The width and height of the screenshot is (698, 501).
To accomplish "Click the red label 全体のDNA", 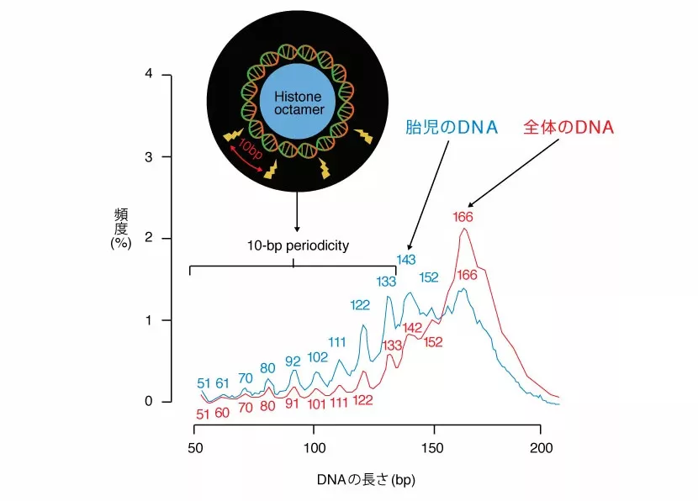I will click(568, 128).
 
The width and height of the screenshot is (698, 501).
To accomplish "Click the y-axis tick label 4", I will click(148, 75).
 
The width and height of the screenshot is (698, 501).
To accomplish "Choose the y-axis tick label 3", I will click(148, 157).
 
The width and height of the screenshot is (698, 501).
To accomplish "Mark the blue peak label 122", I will click(360, 304).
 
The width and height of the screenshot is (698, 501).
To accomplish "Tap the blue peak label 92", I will click(292, 361).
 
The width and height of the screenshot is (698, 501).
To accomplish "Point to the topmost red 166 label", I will click(463, 216).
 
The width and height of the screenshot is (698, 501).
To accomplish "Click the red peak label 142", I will click(413, 327).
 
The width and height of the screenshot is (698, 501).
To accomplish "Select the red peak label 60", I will click(223, 413).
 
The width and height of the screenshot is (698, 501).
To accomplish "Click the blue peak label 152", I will click(429, 277).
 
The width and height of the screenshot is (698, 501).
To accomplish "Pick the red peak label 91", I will click(292, 403).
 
